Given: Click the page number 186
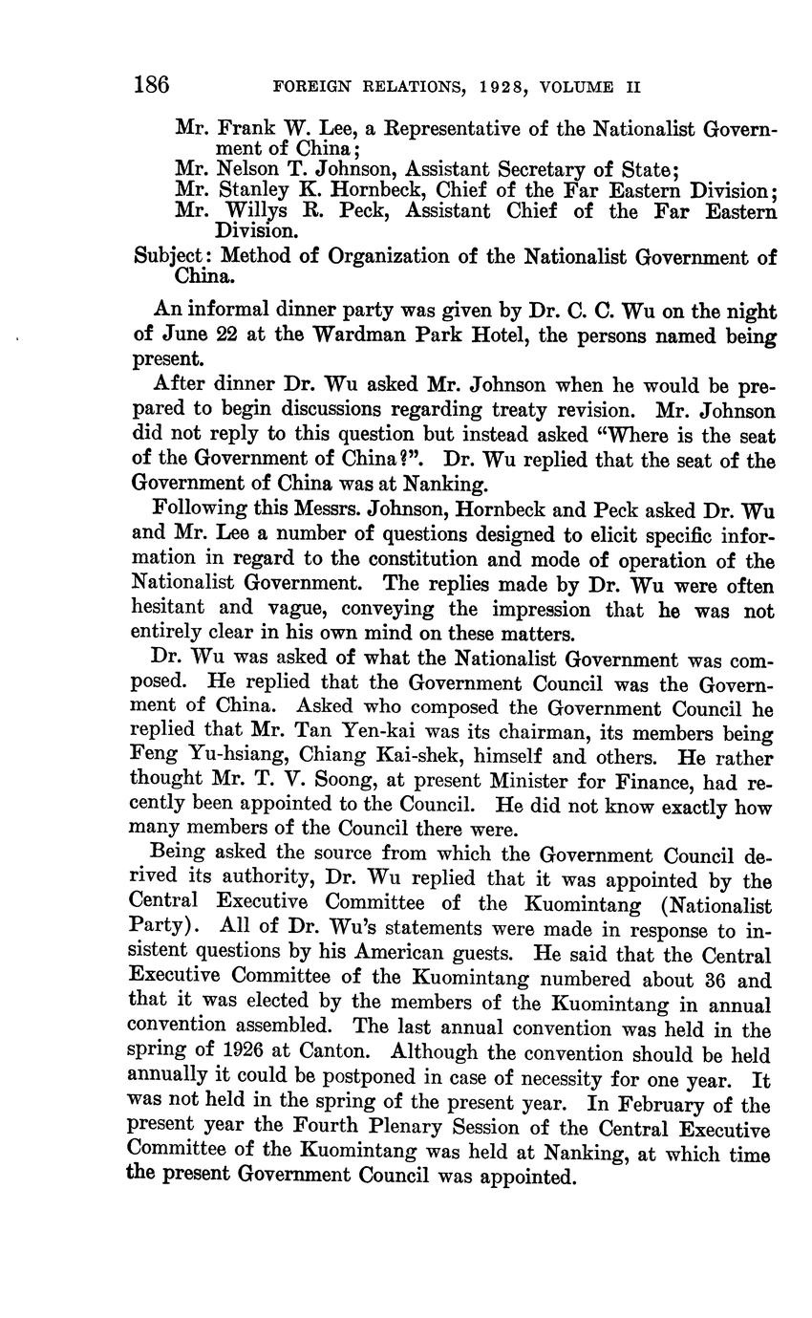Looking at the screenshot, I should tap(151, 85).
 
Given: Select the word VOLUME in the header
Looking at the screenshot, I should tap(577, 86).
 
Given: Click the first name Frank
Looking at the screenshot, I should tap(244, 127).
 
